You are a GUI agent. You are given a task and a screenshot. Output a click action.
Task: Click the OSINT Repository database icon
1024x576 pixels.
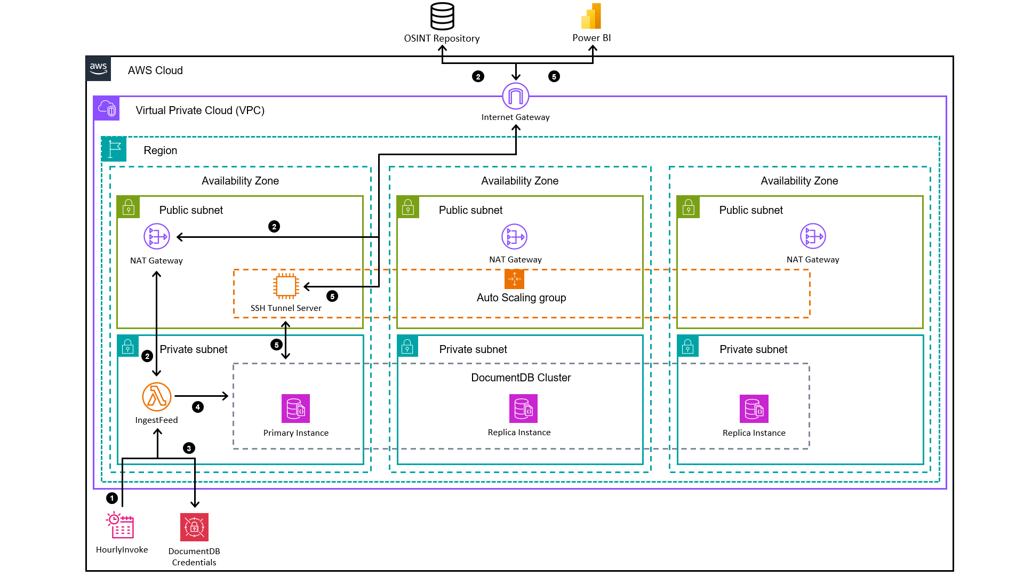pyautogui.click(x=442, y=17)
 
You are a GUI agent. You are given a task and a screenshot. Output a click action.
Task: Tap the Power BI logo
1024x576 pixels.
pyautogui.click(x=591, y=17)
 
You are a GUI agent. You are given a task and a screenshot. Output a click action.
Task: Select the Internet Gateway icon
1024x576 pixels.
pyautogui.click(x=515, y=97)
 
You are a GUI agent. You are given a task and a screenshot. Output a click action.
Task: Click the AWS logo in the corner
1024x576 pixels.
pyautogui.click(x=99, y=69)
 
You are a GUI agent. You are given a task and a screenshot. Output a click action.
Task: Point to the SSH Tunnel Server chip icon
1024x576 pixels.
pyautogui.click(x=286, y=286)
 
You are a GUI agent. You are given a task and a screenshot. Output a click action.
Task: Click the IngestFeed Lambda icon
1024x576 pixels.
pyautogui.click(x=156, y=397)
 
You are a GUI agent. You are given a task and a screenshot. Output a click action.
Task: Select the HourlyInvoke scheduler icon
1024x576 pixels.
pyautogui.click(x=121, y=525)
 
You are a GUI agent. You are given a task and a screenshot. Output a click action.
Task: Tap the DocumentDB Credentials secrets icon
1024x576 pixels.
pyautogui.click(x=194, y=527)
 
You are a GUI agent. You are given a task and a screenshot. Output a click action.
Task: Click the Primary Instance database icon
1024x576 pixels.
pyautogui.click(x=295, y=409)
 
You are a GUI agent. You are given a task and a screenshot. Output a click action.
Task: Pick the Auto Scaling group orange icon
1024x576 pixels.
pyautogui.click(x=514, y=279)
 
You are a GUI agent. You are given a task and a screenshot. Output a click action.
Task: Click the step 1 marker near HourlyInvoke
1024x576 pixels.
pyautogui.click(x=112, y=498)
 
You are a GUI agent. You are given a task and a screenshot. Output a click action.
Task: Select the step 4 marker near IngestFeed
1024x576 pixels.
pyautogui.click(x=198, y=407)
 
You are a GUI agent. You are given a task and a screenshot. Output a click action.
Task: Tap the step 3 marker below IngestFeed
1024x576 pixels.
pyautogui.click(x=189, y=448)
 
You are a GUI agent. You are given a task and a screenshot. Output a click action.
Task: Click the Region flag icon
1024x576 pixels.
pyautogui.click(x=114, y=149)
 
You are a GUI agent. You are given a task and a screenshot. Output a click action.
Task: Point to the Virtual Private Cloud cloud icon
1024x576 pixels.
pyautogui.click(x=107, y=109)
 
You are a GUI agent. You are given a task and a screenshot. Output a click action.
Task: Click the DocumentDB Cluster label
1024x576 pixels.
pyautogui.click(x=521, y=378)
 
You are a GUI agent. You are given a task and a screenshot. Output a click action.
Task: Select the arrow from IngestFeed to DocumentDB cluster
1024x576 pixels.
pyautogui.click(x=202, y=396)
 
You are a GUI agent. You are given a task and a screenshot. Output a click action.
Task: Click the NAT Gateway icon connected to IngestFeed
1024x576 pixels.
pyautogui.click(x=157, y=236)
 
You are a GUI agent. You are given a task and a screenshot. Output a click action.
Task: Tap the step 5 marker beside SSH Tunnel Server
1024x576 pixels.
pyautogui.click(x=332, y=296)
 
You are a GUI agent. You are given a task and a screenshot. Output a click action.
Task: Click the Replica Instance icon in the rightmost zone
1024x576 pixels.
pyautogui.click(x=754, y=409)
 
